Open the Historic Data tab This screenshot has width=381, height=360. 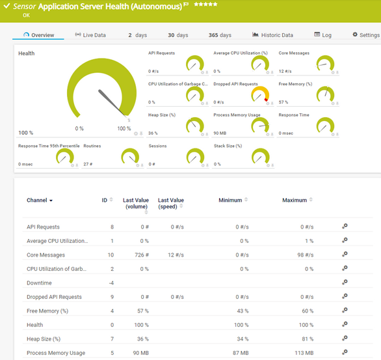pyautogui.click(x=272, y=35)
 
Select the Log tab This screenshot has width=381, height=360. pyautogui.click(x=322, y=35)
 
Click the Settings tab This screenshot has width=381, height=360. pyautogui.click(x=365, y=35)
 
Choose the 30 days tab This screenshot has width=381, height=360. pyautogui.click(x=177, y=35)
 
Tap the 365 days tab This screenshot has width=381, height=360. pyautogui.click(x=220, y=35)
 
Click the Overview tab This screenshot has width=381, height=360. pyautogui.click(x=38, y=35)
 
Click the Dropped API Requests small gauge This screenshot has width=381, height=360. pyautogui.click(x=260, y=95)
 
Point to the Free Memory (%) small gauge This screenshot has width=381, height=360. pyautogui.click(x=325, y=95)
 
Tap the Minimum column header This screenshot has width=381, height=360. pyautogui.click(x=231, y=201)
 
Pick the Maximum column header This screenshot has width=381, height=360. pyautogui.click(x=295, y=201)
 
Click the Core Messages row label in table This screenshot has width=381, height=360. pyautogui.click(x=46, y=255)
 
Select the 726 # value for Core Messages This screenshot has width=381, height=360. pyautogui.click(x=141, y=255)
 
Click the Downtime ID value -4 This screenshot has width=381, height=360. pyautogui.click(x=111, y=283)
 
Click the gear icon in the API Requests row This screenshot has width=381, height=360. pyautogui.click(x=345, y=227)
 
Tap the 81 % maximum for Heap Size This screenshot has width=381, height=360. pyautogui.click(x=306, y=339)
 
